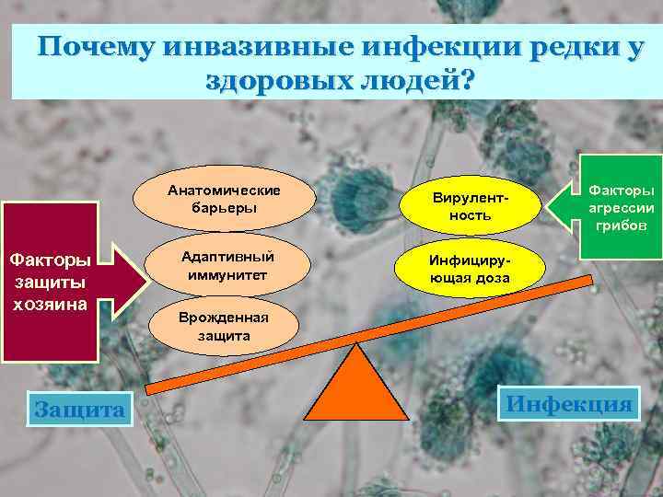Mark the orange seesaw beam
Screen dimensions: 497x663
tap(368, 327)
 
